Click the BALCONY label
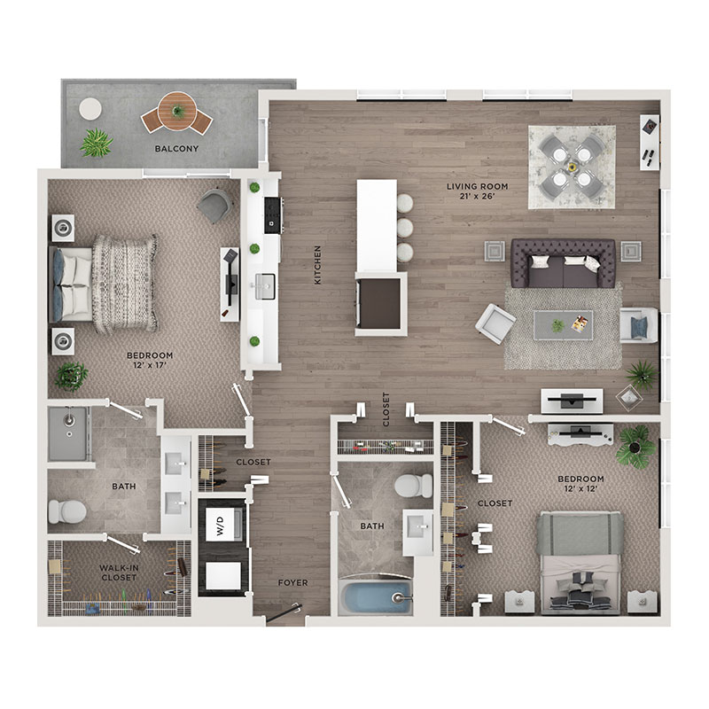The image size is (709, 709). pyautogui.click(x=176, y=148)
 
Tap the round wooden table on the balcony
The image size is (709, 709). pyautogui.click(x=177, y=112)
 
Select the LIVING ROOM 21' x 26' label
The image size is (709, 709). pyautogui.click(x=477, y=191)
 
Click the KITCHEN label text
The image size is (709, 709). pyautogui.click(x=317, y=265)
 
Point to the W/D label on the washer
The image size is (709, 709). pyautogui.click(x=220, y=526)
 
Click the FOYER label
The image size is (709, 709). pyautogui.click(x=292, y=583)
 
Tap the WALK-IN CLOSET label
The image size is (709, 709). pyautogui.click(x=119, y=573)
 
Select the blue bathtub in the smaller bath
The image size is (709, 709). pyautogui.click(x=375, y=596)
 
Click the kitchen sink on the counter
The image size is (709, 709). pyautogui.click(x=265, y=286)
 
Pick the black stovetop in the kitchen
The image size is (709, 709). pyautogui.click(x=273, y=215)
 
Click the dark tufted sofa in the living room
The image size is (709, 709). pyautogui.click(x=563, y=263)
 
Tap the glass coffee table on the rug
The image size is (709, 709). pyautogui.click(x=563, y=324)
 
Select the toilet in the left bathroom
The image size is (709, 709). pyautogui.click(x=67, y=512)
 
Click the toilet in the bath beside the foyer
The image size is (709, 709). pyautogui.click(x=414, y=486)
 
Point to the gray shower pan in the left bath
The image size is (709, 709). pyautogui.click(x=68, y=434)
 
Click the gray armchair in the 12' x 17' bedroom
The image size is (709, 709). pyautogui.click(x=214, y=206)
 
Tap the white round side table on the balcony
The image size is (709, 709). pyautogui.click(x=90, y=109)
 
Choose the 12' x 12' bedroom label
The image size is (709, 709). pyautogui.click(x=580, y=483)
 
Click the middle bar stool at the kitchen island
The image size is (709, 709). pyautogui.click(x=405, y=228)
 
